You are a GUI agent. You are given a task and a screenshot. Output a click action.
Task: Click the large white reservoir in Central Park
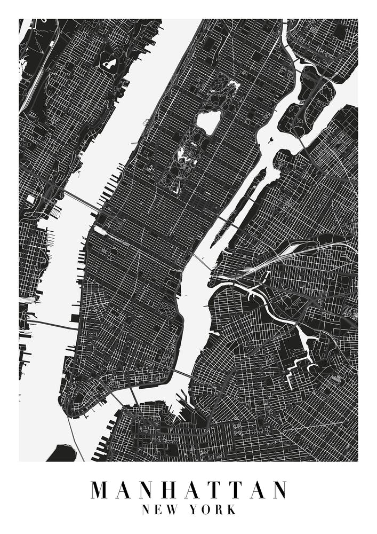tap(207, 122)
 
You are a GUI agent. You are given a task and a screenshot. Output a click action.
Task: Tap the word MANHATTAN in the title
tap(188, 490)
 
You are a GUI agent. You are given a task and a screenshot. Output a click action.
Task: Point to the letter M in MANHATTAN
tap(100, 490)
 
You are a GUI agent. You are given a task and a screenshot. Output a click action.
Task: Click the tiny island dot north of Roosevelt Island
tap(272, 140)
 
